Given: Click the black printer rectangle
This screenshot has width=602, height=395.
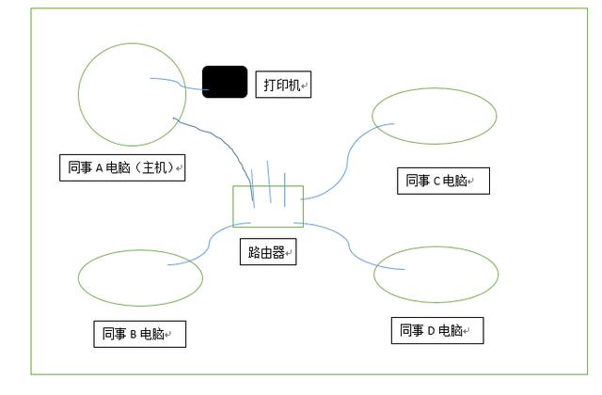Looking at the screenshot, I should click(x=225, y=82).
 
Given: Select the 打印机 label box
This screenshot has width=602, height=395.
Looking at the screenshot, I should click(x=283, y=86).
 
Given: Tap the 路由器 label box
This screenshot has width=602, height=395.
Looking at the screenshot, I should click(x=267, y=252).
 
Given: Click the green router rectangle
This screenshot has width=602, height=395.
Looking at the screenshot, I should click(x=268, y=206).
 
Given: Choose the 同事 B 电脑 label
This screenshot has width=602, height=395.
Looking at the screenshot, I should click(x=139, y=334).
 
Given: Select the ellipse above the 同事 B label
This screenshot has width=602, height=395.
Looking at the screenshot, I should click(x=140, y=277).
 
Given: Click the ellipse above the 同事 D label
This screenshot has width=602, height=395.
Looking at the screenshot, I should click(x=436, y=274).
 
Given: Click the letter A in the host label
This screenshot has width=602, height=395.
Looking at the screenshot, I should click(x=99, y=169).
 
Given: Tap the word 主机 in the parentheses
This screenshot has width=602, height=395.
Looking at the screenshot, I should click(x=150, y=169).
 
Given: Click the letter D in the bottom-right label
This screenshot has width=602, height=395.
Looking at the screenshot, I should click(x=431, y=331).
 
